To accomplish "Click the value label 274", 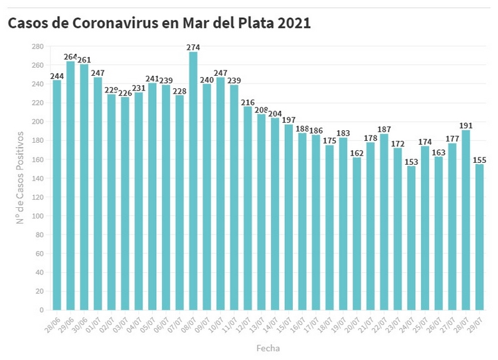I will coord(193,47).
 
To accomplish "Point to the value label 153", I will coord(411,161).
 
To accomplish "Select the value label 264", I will coord(70,56).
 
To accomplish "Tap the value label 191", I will coord(465,125).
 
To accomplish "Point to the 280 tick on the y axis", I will coord(37,46).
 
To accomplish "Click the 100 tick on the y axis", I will coord(37,216).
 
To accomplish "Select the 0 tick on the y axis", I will coord(41,310).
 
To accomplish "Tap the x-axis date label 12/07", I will coord(242,325).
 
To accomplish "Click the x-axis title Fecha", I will coord(268,348).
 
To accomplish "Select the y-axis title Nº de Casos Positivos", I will coord(20,177).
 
